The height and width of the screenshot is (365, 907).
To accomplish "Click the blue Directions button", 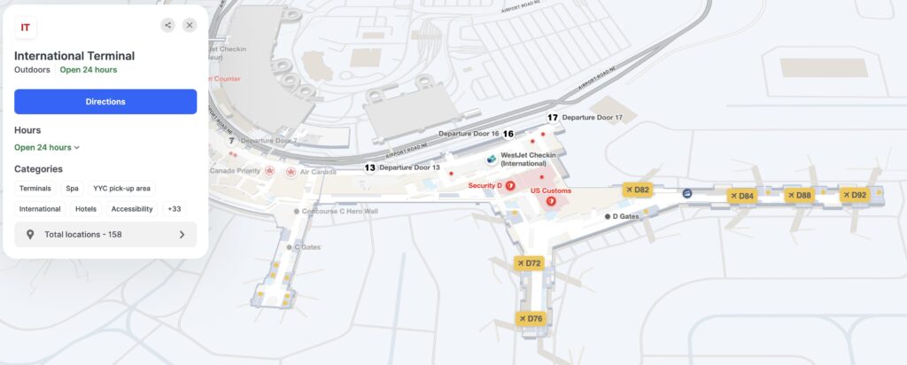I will [105, 102].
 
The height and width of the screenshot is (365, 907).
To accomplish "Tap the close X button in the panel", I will [190, 26].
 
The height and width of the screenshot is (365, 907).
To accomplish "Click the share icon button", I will [167, 26].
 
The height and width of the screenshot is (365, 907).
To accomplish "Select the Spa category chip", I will [72, 188].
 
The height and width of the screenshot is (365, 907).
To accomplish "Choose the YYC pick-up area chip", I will [122, 188].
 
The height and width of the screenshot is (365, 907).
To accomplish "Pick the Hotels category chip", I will [86, 209].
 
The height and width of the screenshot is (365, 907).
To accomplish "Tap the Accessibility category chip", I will [132, 209].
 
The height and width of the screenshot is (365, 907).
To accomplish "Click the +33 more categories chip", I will [174, 209].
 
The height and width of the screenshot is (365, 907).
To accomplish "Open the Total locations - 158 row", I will [105, 235].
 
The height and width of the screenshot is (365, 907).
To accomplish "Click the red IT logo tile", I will [26, 27].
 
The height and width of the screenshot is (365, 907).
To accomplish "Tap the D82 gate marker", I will [638, 190].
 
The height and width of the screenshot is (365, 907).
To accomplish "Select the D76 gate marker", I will [531, 319].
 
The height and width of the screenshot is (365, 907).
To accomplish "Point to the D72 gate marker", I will [529, 263].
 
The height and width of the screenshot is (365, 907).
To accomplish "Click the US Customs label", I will [551, 190].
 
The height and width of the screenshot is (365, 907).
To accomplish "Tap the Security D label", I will [485, 185].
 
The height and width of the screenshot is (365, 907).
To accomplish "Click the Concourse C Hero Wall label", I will [340, 211].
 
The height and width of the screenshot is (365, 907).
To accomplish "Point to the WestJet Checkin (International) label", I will [528, 159].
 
